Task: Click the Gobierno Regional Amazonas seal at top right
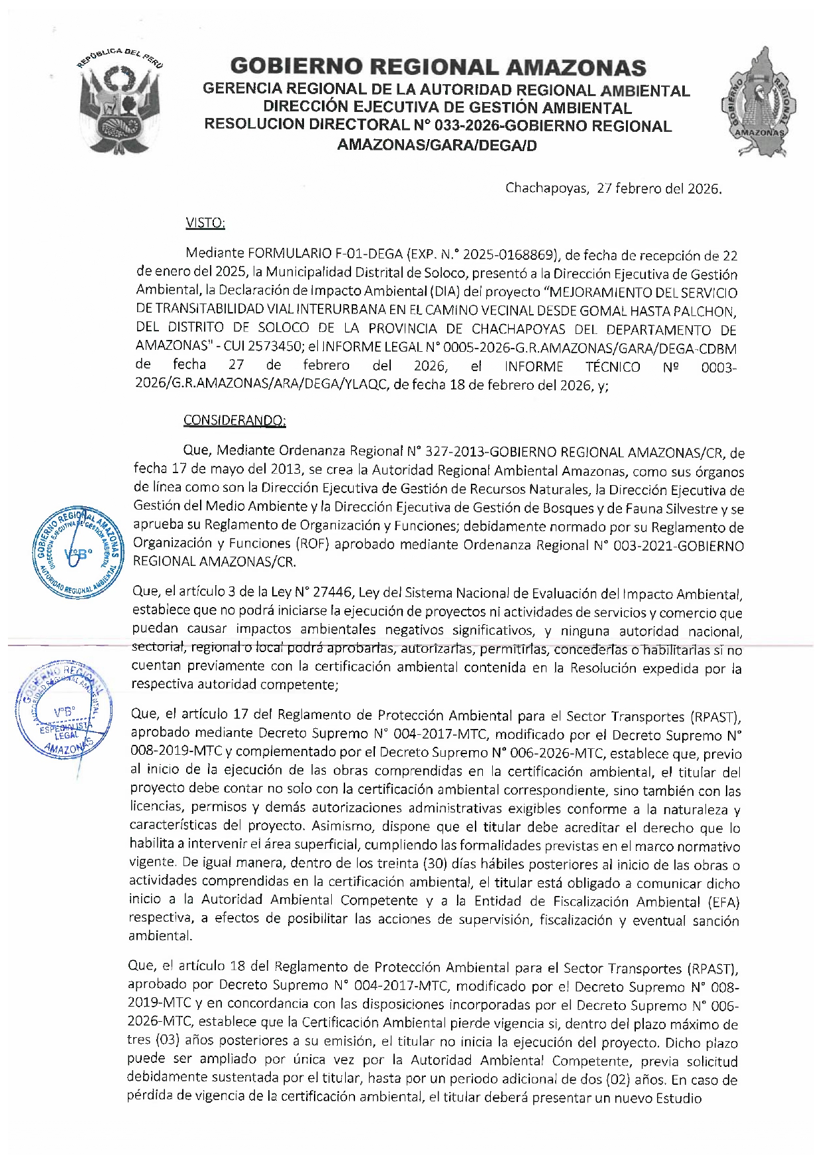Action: point(758,103)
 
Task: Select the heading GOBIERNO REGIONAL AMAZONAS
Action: point(438,67)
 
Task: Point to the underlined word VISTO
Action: point(205,223)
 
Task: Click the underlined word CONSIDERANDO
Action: point(234,420)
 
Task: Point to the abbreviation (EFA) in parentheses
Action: point(723,902)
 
